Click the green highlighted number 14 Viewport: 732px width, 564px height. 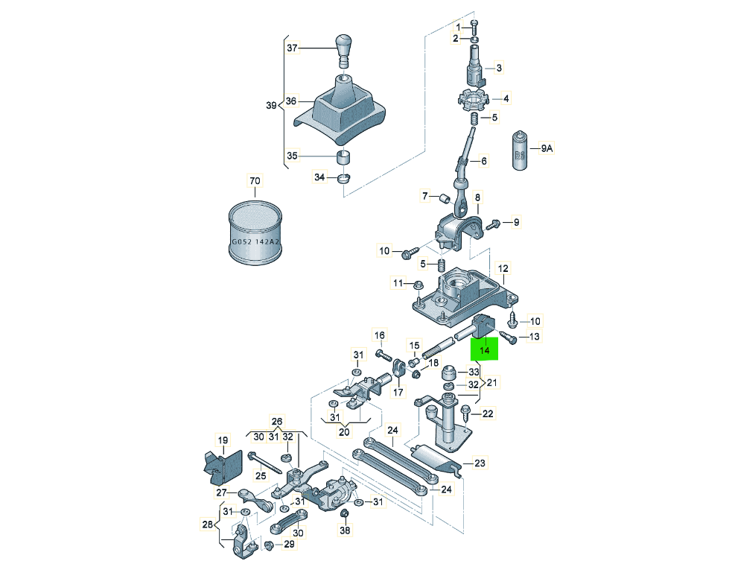point(484,349)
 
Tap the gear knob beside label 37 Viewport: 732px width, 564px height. point(343,47)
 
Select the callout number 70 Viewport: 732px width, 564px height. point(255,181)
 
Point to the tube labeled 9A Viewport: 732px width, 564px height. point(519,150)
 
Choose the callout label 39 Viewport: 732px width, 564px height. point(271,105)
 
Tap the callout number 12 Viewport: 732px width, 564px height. point(503,268)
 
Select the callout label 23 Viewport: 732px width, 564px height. point(479,463)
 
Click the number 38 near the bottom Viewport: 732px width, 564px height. point(344,530)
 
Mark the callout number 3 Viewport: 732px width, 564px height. point(499,68)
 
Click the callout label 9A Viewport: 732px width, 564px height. point(547,148)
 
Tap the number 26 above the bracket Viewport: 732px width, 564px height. point(277,420)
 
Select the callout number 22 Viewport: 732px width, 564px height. point(488,414)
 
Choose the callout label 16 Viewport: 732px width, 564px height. point(380,335)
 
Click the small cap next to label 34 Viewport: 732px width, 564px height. point(344,178)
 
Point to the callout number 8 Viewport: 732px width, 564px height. point(478,197)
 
